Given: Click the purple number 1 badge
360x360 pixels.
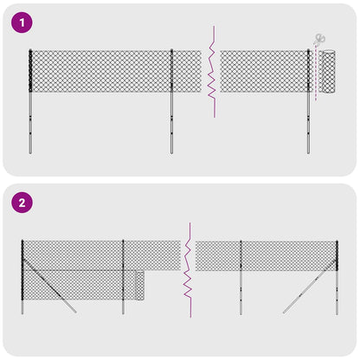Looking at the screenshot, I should coord(21,22).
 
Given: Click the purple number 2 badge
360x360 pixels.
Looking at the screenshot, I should coord(21,203).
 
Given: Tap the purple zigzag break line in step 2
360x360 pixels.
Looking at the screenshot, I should coord(184,268).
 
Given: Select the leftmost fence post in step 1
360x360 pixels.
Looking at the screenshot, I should coord(31,100).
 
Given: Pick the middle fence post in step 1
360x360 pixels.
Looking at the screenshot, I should coord(171,100).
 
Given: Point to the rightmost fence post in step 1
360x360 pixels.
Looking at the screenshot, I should coord(309,100).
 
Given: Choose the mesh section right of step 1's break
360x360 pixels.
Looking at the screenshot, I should coord(264,72).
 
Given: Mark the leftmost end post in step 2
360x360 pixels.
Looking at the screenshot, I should coord(22,277).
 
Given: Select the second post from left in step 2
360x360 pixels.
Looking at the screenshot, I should coord(124,277).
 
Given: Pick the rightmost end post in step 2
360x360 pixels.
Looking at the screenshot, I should coord(336,277).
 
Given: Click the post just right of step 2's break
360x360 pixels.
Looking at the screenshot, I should coord(241,277).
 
